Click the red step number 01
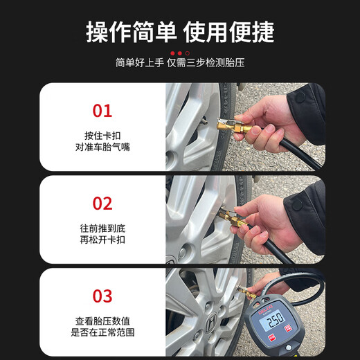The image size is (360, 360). coord(102,111)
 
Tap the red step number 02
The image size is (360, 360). coord(102,204)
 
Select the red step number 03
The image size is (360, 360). coord(102,296)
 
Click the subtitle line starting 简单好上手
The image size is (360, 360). coord(179,63)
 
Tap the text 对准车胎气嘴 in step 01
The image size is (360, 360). coord(102,147)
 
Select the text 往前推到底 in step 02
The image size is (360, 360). coord(102,228)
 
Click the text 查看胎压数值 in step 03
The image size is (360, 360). coord(102,321)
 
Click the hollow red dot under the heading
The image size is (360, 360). coord(187,53)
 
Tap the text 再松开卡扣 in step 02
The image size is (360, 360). coord(102,240)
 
